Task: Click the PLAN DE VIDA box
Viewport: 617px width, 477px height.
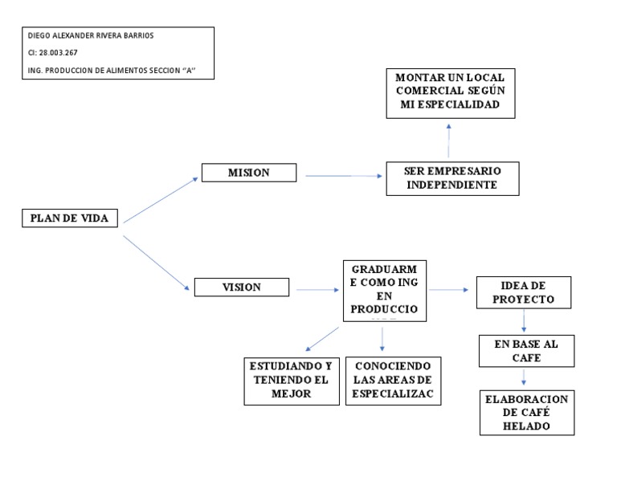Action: point(70,218)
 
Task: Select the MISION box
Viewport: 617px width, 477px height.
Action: point(248,173)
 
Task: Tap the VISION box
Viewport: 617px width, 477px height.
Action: point(242,287)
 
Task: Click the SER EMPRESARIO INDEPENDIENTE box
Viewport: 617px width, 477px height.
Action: point(452,178)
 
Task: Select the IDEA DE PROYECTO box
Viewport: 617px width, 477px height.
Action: point(523,292)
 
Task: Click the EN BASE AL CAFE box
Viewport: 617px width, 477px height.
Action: point(525,351)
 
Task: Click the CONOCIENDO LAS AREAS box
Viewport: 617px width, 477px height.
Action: point(393,381)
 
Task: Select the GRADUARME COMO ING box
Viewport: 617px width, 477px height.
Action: point(384,291)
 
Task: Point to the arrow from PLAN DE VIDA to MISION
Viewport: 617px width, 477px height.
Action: point(160,199)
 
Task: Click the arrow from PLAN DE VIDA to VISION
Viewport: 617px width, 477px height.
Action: point(156,261)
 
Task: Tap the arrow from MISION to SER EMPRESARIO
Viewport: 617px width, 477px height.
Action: point(341,176)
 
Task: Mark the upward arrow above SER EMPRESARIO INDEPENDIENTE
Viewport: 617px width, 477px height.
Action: point(448,141)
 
